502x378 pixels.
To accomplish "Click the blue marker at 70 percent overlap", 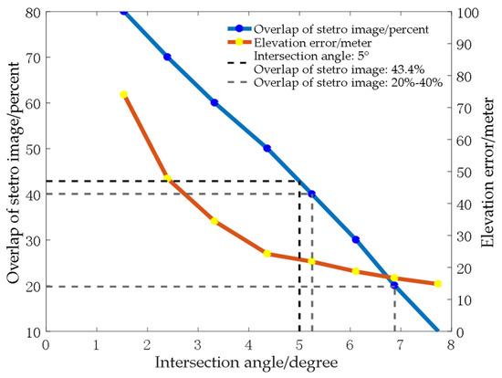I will (x=167, y=57).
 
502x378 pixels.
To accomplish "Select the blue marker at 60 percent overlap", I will (x=214, y=102).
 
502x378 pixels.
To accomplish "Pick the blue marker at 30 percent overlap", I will (x=356, y=239).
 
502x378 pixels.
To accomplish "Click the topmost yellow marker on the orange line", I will (x=124, y=94).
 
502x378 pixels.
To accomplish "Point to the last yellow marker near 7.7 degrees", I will (x=438, y=284).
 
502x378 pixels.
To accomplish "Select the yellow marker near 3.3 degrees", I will (x=214, y=221).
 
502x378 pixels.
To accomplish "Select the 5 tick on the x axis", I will (x=298, y=343).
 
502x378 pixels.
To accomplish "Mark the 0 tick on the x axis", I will (x=45, y=343).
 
